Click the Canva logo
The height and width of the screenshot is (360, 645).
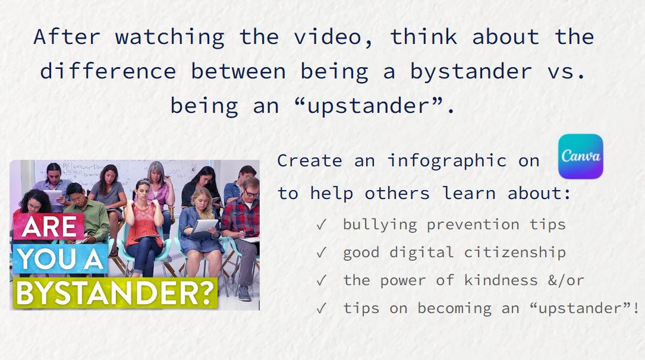(580, 156)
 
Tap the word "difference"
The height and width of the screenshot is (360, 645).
(108, 71)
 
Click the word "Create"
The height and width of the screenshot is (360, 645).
(310, 160)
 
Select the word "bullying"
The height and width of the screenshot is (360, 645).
(380, 225)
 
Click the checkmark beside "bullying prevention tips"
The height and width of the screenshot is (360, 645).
(321, 225)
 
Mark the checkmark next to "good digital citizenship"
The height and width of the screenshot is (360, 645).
(321, 252)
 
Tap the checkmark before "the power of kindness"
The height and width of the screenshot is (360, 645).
(321, 280)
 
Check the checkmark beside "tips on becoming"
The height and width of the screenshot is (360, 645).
(321, 308)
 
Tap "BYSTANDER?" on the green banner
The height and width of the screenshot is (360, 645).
(114, 293)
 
